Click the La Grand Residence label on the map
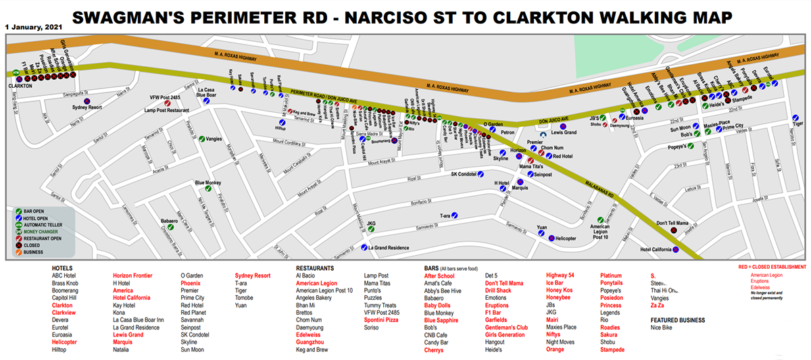point(388,248)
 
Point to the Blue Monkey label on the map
point(208,183)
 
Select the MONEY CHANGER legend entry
point(45,232)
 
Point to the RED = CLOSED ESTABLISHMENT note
point(772,267)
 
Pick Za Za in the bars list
point(658,305)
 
